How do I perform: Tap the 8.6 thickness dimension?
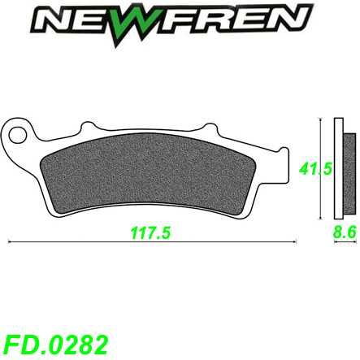click(x=345, y=232)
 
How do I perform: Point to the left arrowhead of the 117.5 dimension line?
click(x=10, y=241)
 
